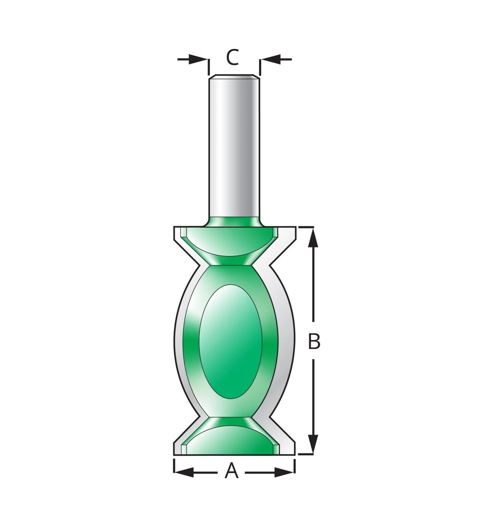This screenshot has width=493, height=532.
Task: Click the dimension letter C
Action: [232, 57]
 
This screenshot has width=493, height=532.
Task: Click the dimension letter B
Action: [314, 341]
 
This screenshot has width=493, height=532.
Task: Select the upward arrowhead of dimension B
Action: [313, 238]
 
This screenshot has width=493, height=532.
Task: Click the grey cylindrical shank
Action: [234, 146]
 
